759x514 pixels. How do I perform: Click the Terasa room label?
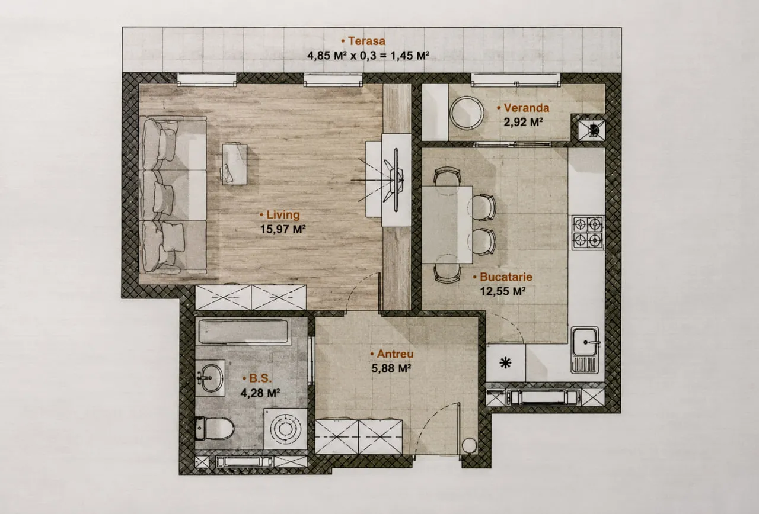tap(363, 41)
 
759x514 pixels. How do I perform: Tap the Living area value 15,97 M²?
tap(283, 229)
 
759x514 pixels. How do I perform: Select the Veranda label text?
tap(523, 108)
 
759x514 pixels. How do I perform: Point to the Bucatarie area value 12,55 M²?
tap(503, 291)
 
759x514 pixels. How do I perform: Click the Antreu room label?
tap(392, 354)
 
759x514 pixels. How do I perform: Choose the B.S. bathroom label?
tap(257, 378)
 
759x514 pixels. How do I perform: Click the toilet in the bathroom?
tap(215, 428)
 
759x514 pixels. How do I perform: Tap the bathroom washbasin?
tap(210, 378)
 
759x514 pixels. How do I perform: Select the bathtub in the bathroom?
tap(243, 331)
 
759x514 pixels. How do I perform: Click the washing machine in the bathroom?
tap(286, 429)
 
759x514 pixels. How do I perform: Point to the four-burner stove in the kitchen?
tap(588, 233)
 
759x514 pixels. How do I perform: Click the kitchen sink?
tap(585, 350)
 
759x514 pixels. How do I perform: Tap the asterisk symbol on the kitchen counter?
tap(506, 363)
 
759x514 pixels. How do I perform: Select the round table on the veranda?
tap(467, 113)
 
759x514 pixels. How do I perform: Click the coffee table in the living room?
tap(234, 165)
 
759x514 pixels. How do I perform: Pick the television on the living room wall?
tap(396, 181)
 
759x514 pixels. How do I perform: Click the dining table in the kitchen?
tap(447, 224)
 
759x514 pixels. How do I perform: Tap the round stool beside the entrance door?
tap(469, 446)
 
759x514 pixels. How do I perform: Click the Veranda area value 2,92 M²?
tap(524, 122)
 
